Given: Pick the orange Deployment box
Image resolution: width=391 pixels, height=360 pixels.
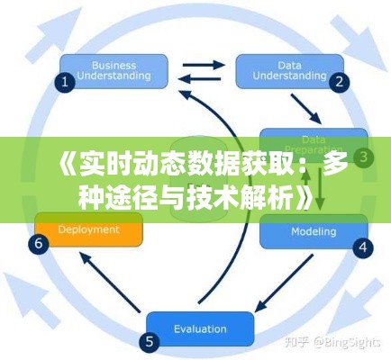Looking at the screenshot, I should coord(88,229).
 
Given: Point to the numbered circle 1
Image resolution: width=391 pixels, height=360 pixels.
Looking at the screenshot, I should coord(64,82).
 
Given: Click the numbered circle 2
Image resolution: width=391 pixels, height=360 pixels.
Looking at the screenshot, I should coord(340,82).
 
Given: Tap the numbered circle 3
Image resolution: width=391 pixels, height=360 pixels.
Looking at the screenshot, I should coord(363,157).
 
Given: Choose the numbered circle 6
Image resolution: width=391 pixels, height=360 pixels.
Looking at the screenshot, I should coord(38,243).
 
